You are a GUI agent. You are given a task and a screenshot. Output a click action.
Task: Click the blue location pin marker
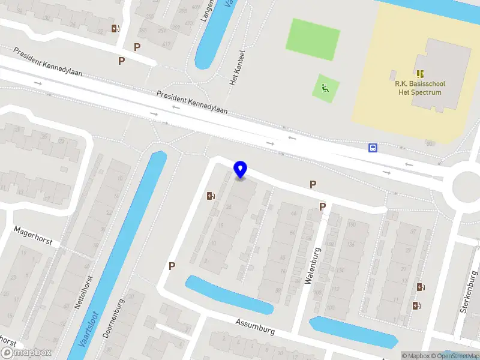click(x=241, y=169)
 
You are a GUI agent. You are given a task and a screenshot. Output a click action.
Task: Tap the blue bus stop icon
click(x=373, y=148)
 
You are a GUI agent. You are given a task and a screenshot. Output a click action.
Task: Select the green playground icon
click(x=325, y=89)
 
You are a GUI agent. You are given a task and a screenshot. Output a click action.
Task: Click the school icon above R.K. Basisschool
click(x=420, y=74)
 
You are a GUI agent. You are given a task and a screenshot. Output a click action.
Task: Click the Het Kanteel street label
click(x=235, y=67)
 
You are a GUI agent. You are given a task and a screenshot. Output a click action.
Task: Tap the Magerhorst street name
click(x=33, y=236)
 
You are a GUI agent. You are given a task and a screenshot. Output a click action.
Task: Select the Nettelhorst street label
click(x=83, y=292)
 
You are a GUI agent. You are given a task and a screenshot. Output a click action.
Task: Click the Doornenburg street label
click(x=113, y=319)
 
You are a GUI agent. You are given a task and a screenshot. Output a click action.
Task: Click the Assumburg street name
click(x=255, y=326)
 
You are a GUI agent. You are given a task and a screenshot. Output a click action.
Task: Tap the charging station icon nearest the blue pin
click(x=211, y=196)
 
